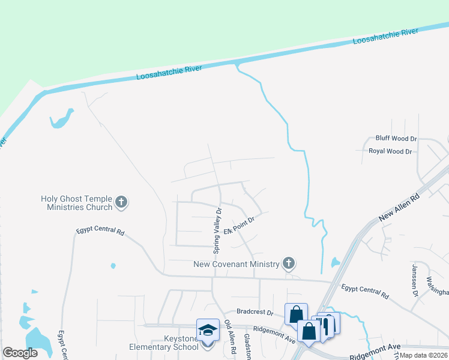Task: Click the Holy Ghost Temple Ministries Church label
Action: pos(76,203)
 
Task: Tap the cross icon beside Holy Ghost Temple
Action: pos(121,202)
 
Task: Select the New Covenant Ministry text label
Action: pos(237,264)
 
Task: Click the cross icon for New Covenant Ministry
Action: pos(289,263)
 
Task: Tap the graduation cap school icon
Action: pos(208,331)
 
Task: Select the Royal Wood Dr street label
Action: pos(390,152)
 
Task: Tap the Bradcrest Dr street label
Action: pos(255,313)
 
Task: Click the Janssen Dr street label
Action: pos(414,280)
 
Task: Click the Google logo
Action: pos(20,353)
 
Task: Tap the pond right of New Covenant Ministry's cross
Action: pos(335,262)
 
